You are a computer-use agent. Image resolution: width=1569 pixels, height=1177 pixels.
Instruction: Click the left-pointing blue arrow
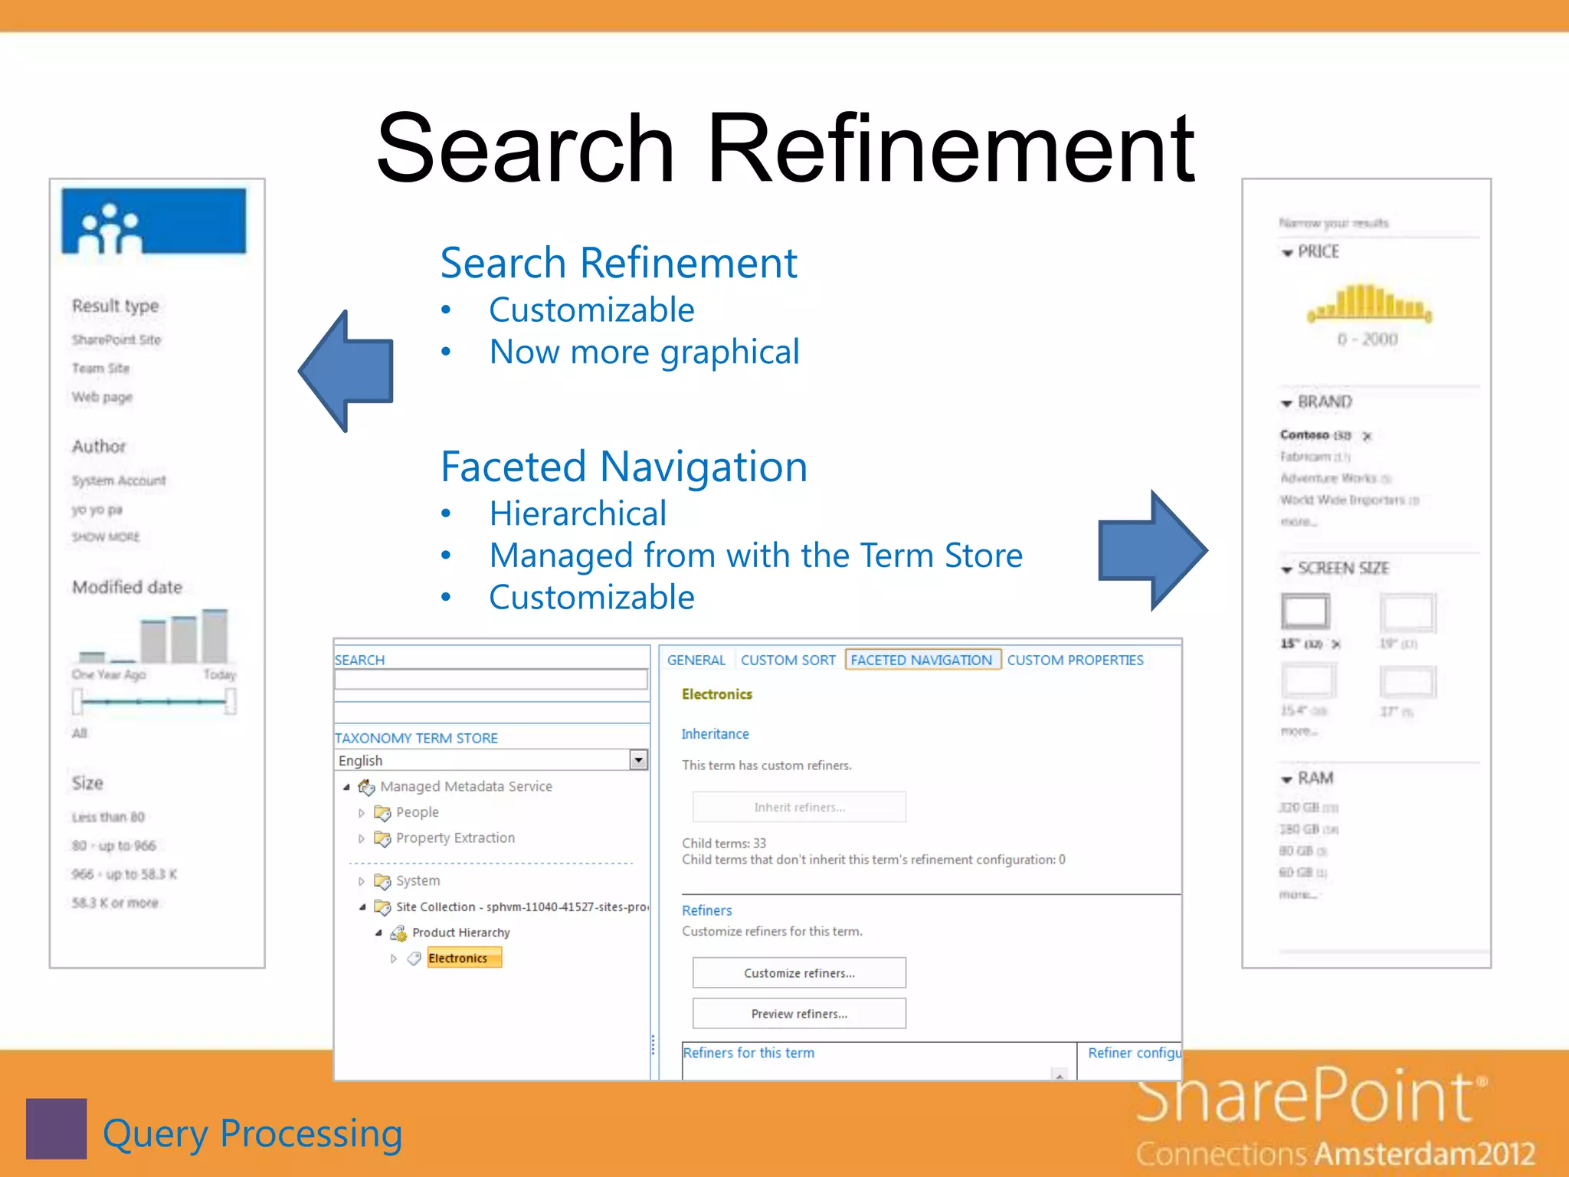pos(349,371)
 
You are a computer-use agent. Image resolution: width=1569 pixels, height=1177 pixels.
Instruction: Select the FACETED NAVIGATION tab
pos(922,660)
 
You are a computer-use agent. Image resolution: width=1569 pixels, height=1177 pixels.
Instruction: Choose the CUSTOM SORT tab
pos(788,660)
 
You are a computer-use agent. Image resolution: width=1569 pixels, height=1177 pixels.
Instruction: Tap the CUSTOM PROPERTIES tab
pos(1074,660)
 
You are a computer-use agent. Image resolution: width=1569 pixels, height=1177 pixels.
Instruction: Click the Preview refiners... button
pos(799,1013)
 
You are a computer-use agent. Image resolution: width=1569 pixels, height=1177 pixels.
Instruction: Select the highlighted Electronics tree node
pos(459,958)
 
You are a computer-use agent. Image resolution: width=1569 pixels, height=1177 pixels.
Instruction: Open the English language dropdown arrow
pos(638,759)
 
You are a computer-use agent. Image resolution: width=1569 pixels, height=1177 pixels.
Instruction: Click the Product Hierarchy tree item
pos(460,933)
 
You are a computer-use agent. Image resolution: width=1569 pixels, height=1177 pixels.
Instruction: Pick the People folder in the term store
pos(417,812)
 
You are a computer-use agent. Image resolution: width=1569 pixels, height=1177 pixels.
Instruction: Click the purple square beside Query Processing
pos(56,1129)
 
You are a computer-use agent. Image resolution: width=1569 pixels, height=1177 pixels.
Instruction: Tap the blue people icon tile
pos(154,221)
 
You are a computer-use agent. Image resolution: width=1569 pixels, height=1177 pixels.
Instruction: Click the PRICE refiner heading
pos(1318,252)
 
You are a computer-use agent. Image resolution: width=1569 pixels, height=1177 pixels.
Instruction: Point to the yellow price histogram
pos(1369,302)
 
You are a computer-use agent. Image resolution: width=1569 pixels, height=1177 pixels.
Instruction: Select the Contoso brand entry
pos(1305,434)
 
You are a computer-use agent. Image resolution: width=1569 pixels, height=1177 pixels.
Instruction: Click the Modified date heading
pos(127,588)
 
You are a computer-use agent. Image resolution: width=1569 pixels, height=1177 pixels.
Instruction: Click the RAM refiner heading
pos(1315,779)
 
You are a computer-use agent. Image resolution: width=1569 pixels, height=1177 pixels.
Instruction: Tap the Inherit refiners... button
pos(799,807)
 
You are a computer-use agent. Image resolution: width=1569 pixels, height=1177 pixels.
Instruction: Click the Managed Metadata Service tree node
pos(466,786)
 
